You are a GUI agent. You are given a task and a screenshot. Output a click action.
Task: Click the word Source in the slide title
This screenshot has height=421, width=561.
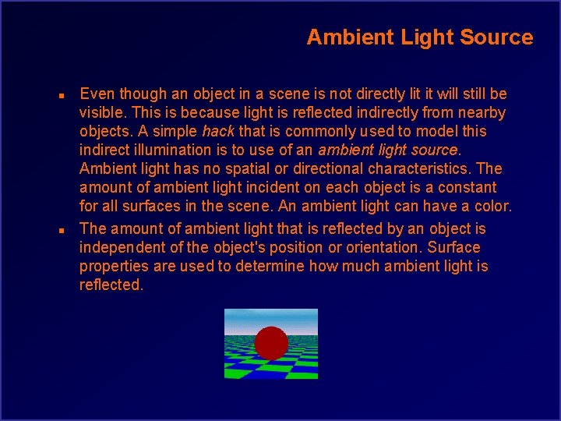pos(498,37)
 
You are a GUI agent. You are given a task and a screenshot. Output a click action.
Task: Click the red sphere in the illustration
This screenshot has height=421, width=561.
pos(271,342)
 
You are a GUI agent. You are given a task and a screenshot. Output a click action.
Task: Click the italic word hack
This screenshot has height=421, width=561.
pos(218,131)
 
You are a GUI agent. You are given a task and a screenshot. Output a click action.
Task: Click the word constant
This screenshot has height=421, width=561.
pos(468,187)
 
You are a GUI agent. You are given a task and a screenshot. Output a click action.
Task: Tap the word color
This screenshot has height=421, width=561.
pos(492,206)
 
